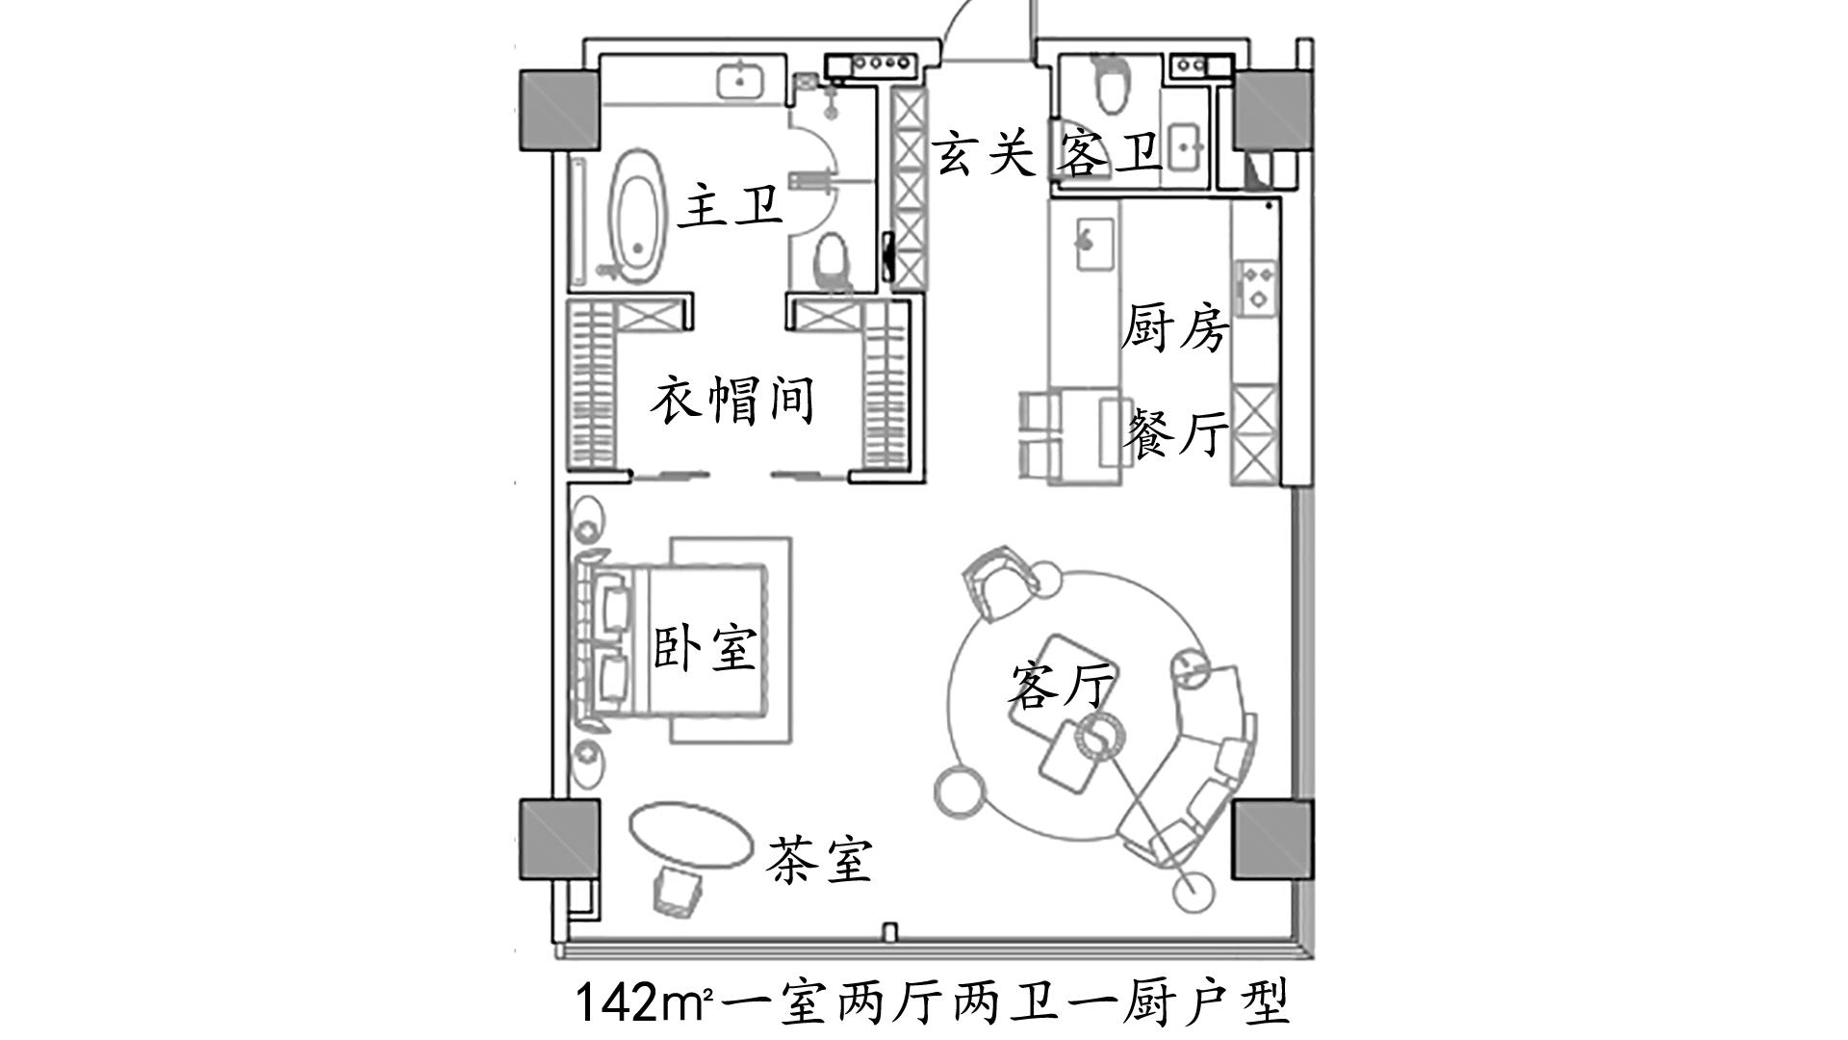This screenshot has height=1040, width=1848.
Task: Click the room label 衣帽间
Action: pos(732,401)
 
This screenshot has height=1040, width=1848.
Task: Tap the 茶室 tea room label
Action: pos(819,860)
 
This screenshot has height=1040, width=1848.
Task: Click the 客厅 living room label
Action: pos(1061,685)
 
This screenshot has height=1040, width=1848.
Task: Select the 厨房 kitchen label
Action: pos(1175,328)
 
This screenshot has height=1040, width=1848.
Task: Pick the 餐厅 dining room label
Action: pos(1175,432)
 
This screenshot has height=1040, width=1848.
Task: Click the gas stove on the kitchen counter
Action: pos(1257,287)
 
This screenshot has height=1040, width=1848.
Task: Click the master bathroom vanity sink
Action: pos(740,80)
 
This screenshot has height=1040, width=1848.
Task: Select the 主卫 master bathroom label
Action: pos(731,207)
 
